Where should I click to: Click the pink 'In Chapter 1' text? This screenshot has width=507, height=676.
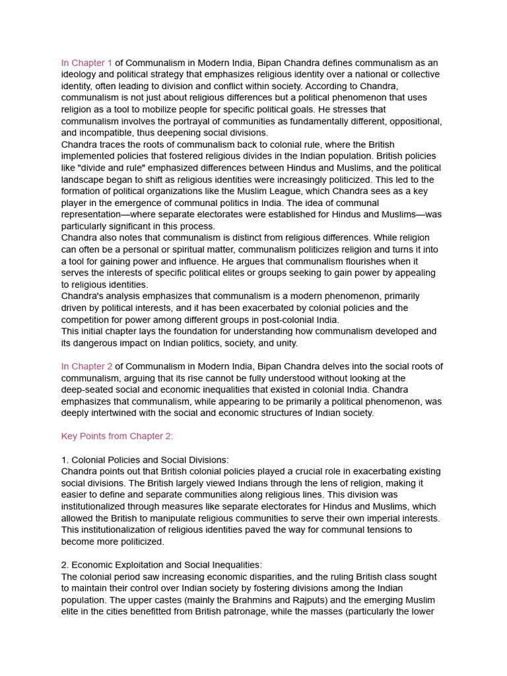point(87,63)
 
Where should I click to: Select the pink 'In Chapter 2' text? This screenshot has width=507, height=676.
point(87,366)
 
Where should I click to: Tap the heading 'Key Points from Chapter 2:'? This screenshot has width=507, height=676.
point(117,436)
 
